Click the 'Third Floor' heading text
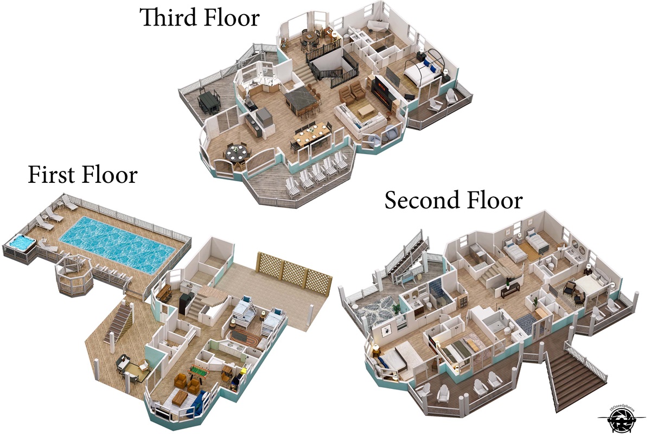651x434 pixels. pyautogui.click(x=200, y=17)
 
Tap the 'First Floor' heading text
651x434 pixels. pyautogui.click(x=82, y=175)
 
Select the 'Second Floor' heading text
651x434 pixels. pyautogui.click(x=454, y=200)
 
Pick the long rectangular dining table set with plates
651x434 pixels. pyautogui.click(x=311, y=135)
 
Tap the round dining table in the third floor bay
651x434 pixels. pyautogui.click(x=237, y=154)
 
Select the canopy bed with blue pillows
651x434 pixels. pyautogui.click(x=422, y=69)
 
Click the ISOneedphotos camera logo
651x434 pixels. pyautogui.click(x=620, y=420)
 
